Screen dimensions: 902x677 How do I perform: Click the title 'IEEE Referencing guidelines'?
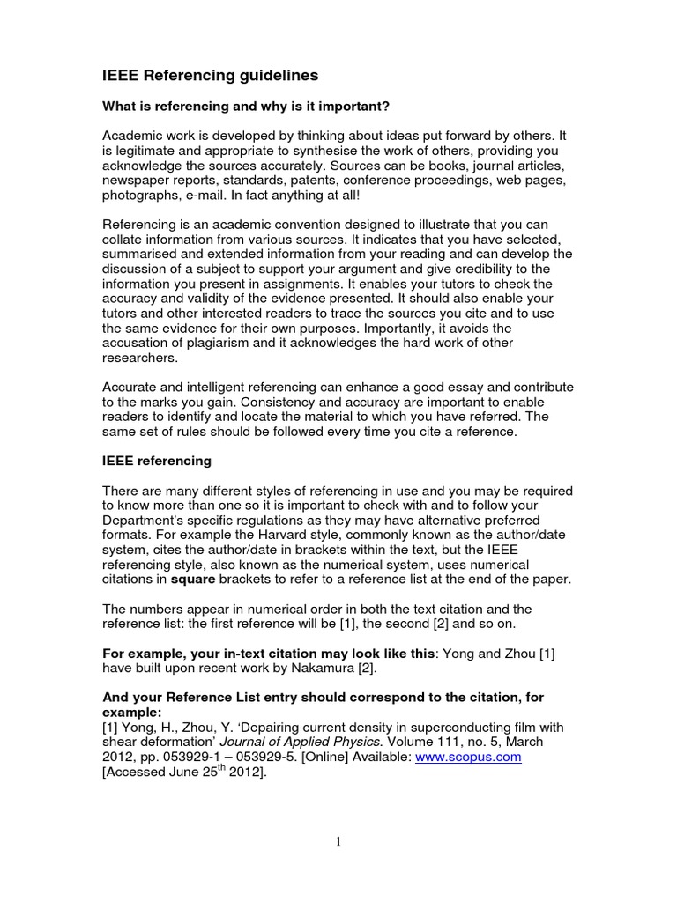pyautogui.click(x=210, y=76)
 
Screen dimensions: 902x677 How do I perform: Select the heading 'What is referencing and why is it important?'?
pyautogui.click(x=246, y=107)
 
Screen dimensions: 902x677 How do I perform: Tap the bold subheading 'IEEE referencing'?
pyautogui.click(x=157, y=461)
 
